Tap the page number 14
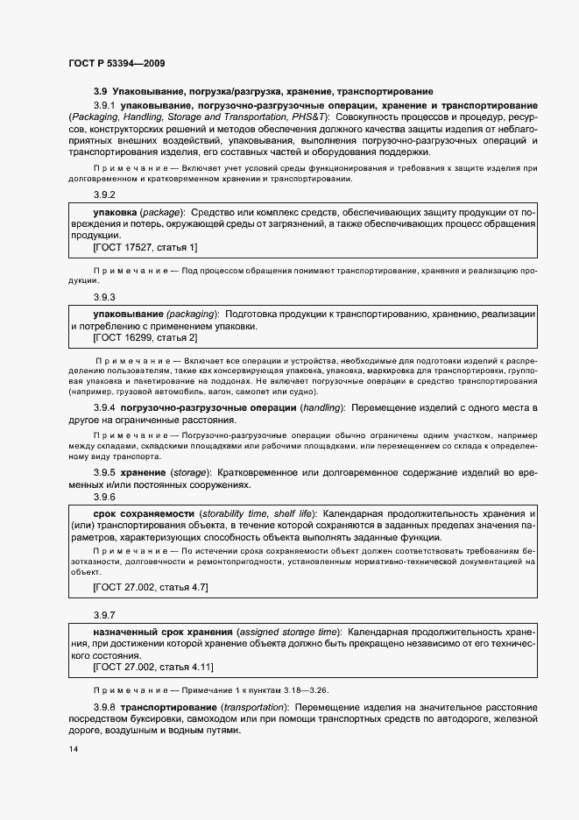pos(73,750)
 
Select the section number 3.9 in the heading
pos(100,91)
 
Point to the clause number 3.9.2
pos(103,195)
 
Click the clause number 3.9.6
pos(103,496)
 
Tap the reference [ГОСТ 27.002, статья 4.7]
pos(150,586)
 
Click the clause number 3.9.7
pos(103,615)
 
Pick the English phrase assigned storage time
pos(288,632)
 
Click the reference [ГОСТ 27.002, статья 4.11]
pos(153,667)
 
